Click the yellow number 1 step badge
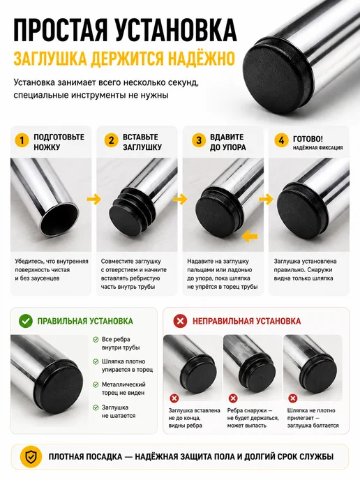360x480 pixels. click(22, 140)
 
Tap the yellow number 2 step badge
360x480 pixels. click(111, 140)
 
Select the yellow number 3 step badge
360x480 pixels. click(199, 140)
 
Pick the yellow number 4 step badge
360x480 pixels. click(281, 140)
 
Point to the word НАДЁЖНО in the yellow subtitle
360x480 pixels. click(202, 59)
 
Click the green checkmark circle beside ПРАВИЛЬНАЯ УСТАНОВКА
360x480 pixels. click(26, 321)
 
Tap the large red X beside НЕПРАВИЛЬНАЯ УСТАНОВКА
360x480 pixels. click(180, 321)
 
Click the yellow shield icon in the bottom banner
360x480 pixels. click(31, 457)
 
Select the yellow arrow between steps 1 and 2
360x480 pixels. click(94, 199)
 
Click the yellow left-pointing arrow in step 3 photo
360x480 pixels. click(250, 236)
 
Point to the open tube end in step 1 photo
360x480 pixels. click(59, 218)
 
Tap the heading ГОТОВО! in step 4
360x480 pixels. click(308, 139)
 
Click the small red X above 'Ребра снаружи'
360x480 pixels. click(233, 398)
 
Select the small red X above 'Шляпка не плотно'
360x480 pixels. click(293, 398)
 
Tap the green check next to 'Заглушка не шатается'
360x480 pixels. click(96, 407)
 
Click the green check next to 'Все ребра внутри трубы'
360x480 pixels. click(96, 340)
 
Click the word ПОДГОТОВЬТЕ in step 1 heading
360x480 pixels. click(59, 137)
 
